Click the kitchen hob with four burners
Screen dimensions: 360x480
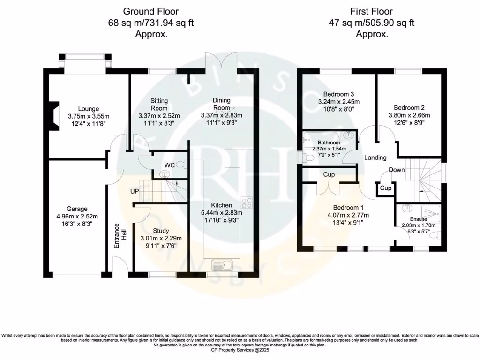pyautogui.click(x=247, y=203)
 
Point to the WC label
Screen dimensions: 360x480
pyautogui.click(x=170, y=165)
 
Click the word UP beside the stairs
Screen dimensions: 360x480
pyautogui.click(x=135, y=191)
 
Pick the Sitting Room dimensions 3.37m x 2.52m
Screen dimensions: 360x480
pyautogui.click(x=159, y=116)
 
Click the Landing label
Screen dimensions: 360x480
pyautogui.click(x=375, y=157)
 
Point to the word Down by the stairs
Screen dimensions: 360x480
pyautogui.click(x=397, y=170)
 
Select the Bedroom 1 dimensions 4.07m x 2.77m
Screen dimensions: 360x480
pyautogui.click(x=348, y=215)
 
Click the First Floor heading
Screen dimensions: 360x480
pyautogui.click(x=371, y=11)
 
